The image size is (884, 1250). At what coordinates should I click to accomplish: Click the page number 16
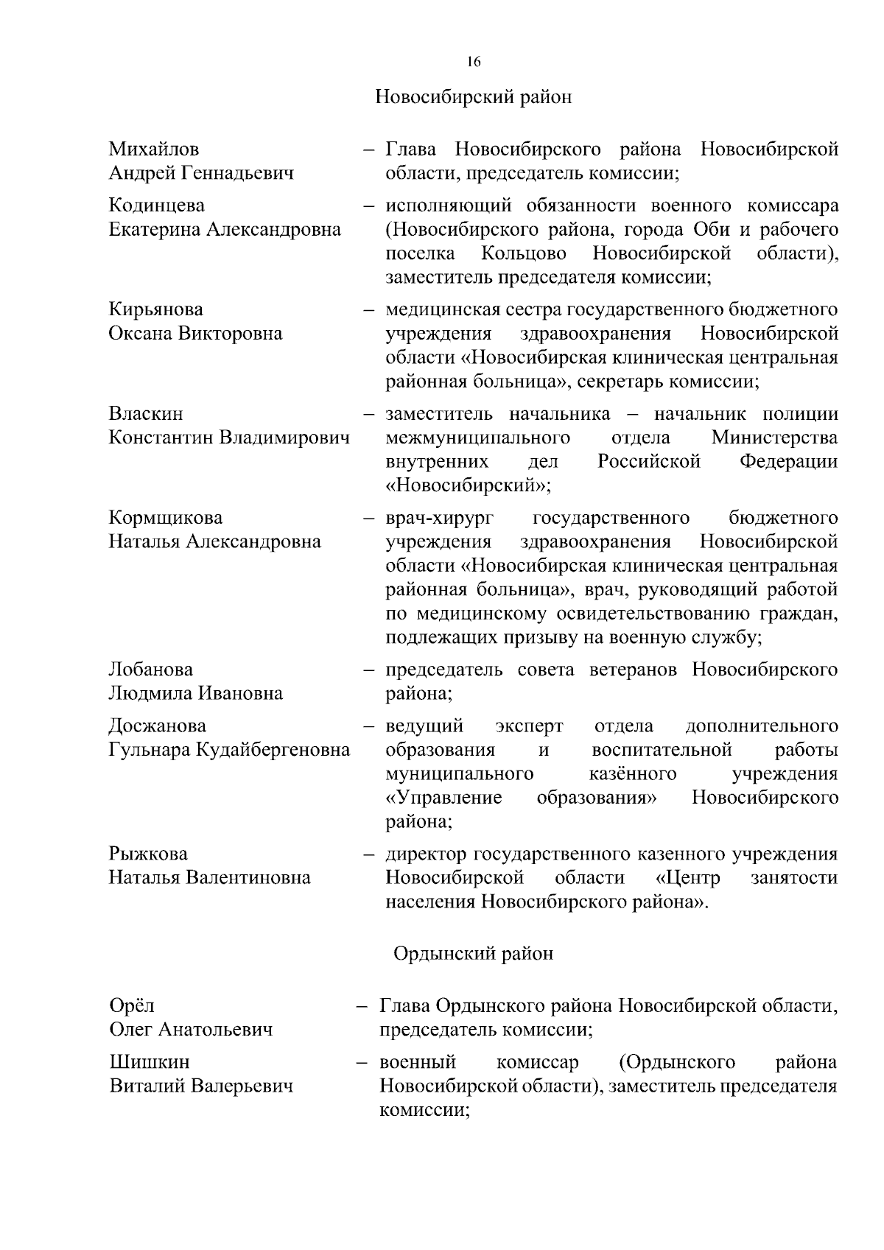pos(474,62)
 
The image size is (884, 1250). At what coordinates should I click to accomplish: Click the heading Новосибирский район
pos(474,97)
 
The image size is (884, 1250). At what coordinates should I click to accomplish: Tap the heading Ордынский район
pos(473,954)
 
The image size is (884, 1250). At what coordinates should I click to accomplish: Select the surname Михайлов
pos(154,150)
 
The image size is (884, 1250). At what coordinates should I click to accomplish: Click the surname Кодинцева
pos(157,206)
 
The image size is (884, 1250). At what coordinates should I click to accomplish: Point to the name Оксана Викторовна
pos(195,334)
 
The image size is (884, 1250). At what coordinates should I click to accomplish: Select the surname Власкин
pos(146,414)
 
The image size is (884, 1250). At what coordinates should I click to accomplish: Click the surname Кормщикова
pos(166,518)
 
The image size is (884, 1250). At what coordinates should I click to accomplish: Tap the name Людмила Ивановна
pos(195,694)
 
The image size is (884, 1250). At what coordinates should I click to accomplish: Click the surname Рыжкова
pos(148,854)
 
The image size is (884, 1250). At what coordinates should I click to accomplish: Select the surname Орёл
pos(132,1006)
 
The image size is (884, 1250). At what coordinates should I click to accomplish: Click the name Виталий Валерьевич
pos(201,1086)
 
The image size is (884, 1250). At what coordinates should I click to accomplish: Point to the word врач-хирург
pos(440,519)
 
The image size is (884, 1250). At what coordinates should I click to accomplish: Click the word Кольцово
pos(524,254)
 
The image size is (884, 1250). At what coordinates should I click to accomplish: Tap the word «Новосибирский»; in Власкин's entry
pos(469,486)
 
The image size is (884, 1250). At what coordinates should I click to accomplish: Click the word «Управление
pos(444,798)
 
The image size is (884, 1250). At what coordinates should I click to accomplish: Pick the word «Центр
pos(687,878)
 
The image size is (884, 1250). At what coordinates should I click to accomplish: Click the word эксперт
pos(529,726)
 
